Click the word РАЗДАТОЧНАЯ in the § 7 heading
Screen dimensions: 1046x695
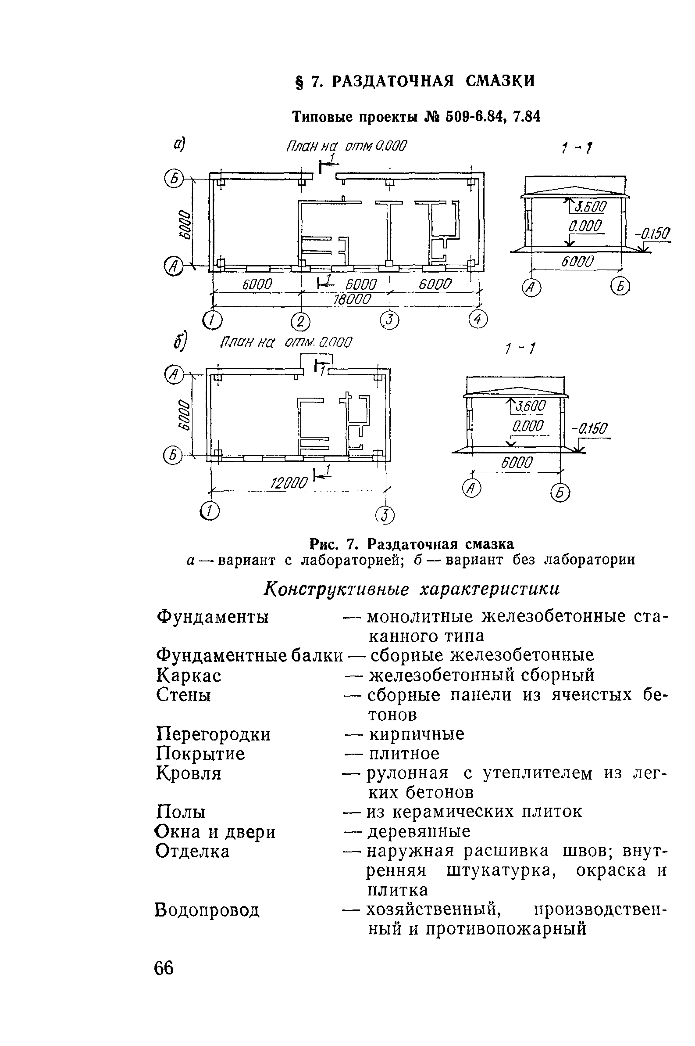393,81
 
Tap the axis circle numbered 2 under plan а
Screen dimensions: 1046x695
301,322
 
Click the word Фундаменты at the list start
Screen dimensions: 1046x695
213,617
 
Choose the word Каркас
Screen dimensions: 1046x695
189,676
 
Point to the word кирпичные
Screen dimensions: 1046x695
417,734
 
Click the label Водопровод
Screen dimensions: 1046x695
207,910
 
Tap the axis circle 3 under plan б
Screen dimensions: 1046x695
385,515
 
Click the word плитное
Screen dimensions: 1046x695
404,754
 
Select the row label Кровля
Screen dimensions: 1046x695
189,773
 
